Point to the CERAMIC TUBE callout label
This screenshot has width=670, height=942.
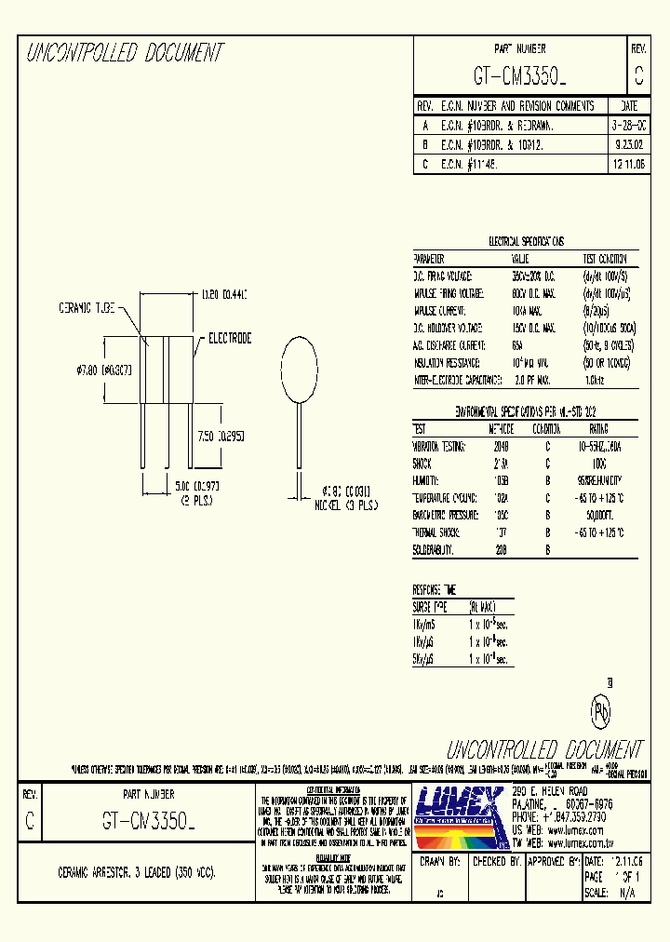click(87, 306)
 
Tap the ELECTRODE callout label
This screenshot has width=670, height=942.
click(229, 339)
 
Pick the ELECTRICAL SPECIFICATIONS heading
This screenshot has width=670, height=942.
click(526, 241)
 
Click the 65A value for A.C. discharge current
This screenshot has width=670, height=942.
click(517, 344)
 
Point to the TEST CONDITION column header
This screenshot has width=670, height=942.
click(605, 259)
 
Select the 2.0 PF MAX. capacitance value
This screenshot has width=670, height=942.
click(531, 379)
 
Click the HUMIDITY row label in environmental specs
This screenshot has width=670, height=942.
click(429, 479)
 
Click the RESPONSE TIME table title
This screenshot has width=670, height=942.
click(435, 589)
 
